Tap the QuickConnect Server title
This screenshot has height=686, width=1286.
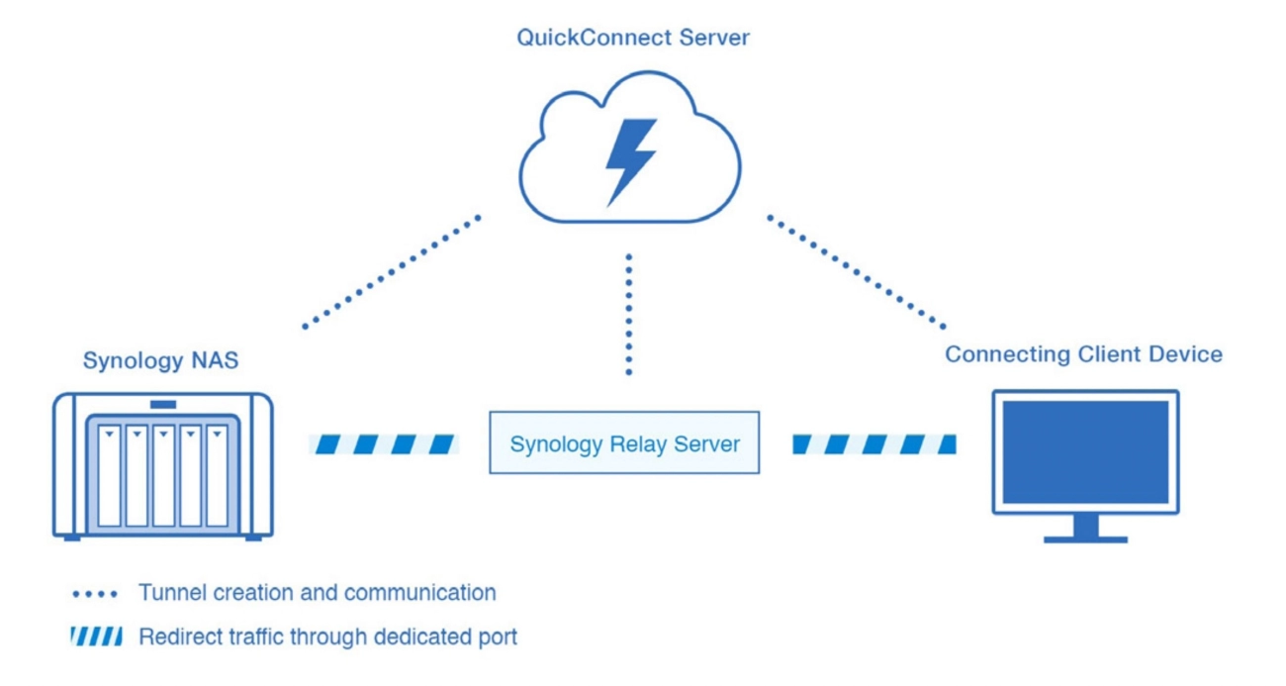[x=633, y=39]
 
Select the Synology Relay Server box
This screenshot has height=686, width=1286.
[x=624, y=442]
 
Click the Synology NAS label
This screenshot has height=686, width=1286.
[x=160, y=360]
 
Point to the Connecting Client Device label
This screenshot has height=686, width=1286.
[x=1083, y=354]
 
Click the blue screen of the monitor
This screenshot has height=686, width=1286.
[x=1085, y=452]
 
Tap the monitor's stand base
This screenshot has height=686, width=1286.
[x=1085, y=539]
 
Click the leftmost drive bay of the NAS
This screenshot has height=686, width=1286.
[x=109, y=475]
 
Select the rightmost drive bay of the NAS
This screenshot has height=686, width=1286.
[x=217, y=475]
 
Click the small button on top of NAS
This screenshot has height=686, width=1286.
[x=163, y=404]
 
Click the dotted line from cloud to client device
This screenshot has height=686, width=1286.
[x=857, y=271]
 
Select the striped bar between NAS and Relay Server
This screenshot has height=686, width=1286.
[x=384, y=444]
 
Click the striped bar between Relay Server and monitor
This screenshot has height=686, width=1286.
[x=874, y=444]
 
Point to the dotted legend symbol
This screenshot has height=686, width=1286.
[x=96, y=594]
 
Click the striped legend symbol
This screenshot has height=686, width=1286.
[x=97, y=637]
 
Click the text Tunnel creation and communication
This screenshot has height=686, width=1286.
[x=317, y=593]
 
